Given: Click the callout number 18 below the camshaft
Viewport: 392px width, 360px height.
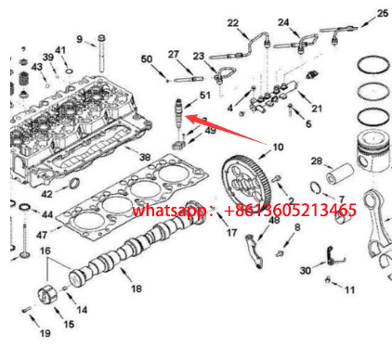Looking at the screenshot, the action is tap(137, 289).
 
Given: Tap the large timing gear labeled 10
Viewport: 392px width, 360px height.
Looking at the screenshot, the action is tap(246, 185).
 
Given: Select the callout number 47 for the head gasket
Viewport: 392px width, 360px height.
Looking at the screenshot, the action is tap(42, 235).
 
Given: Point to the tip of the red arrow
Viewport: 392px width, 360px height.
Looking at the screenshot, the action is tap(186, 117).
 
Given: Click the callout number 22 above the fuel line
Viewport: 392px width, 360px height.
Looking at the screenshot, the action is tap(233, 23).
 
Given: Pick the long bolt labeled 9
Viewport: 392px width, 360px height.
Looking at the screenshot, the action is tap(101, 54).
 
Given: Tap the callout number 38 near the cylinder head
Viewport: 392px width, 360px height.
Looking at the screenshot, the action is tap(145, 157).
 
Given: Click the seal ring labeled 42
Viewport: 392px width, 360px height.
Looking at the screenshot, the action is tap(75, 183).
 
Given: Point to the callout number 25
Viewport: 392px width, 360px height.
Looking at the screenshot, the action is tap(383, 13).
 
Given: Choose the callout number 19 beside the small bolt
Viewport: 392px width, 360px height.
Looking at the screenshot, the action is tap(46, 333).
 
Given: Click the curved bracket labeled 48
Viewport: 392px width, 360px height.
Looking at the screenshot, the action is tap(255, 251).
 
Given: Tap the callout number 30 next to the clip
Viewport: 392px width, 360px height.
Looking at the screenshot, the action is tap(306, 271).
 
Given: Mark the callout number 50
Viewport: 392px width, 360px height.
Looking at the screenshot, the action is tap(147, 58).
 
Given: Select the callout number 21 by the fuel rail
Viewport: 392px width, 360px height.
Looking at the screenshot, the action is tap(317, 109).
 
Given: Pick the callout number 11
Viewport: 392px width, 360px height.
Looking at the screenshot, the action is tap(349, 289).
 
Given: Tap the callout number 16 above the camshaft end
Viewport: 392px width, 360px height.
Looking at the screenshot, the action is tap(46, 251).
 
